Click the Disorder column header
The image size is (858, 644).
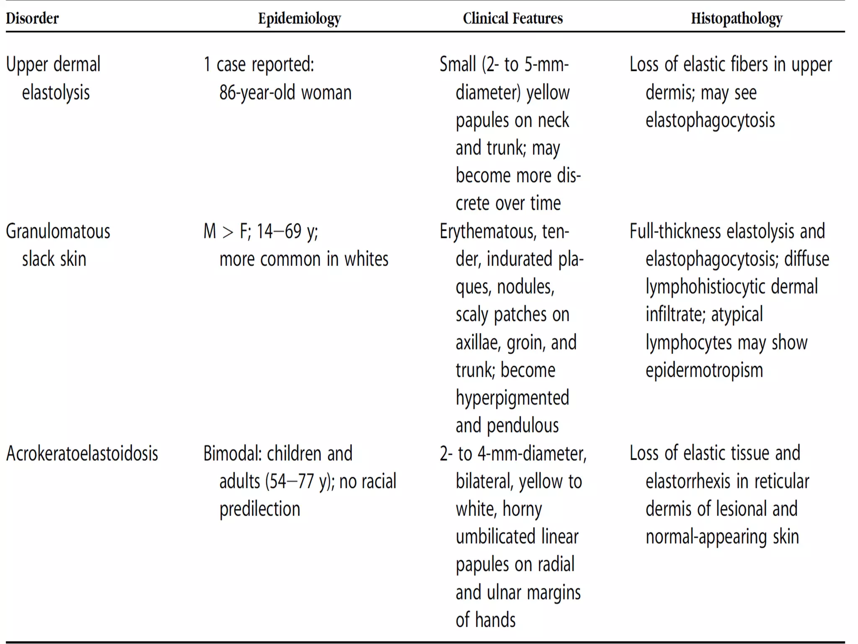coord(32,18)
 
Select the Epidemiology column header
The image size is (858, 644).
coord(299,18)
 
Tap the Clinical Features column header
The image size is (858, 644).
coord(512,18)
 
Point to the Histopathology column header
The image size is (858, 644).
coord(737,18)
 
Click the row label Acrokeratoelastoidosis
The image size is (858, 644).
coord(82,454)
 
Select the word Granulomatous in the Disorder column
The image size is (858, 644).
coord(58,231)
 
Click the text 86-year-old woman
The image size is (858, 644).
coord(285,93)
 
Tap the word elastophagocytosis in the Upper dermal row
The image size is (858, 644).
coord(710,120)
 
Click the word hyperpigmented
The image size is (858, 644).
coord(512,398)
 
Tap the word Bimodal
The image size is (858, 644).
coord(233,454)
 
